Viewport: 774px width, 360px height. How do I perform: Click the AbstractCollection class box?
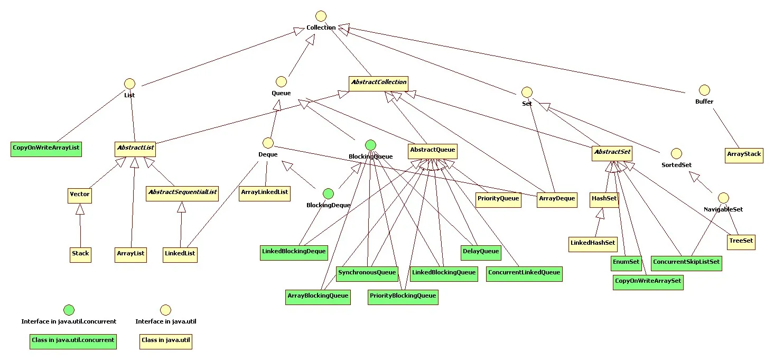coord(378,82)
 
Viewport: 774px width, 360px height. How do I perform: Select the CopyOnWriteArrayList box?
coord(46,149)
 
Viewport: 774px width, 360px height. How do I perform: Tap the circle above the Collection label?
coord(321,16)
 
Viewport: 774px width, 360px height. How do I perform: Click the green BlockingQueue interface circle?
coord(370,145)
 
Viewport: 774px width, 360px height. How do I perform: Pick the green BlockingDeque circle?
coord(328,193)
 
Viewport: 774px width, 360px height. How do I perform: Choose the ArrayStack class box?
coord(744,155)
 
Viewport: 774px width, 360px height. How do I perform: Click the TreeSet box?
coord(741,242)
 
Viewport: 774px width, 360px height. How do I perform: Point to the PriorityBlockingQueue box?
coord(403,296)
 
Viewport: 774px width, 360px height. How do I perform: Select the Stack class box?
coord(80,254)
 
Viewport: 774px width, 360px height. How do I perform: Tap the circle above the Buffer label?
coord(704,90)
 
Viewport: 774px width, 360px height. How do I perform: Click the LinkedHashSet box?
coord(593,243)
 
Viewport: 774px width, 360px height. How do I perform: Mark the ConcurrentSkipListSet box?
coord(686,262)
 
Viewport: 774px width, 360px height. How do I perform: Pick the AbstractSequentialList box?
coord(183,192)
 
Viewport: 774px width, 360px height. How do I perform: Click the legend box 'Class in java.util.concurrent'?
coord(73,340)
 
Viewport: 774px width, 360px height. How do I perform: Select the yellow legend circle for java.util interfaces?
coord(166,310)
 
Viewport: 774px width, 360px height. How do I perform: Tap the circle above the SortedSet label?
coord(676,153)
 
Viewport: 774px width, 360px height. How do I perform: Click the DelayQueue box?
coord(481,252)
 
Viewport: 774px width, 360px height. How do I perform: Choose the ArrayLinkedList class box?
coord(265,192)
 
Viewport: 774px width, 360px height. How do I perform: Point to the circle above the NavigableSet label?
coord(723,198)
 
